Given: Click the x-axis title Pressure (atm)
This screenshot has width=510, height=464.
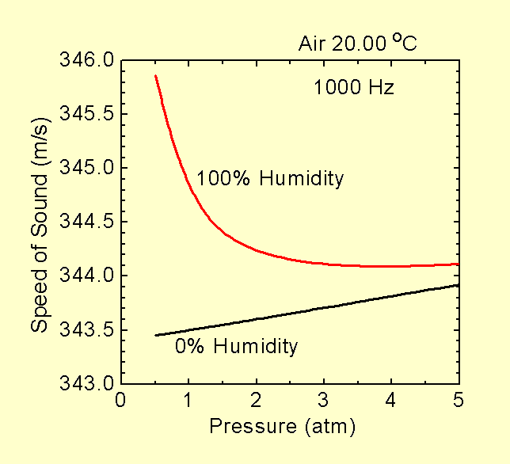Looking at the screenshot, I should [x=283, y=428].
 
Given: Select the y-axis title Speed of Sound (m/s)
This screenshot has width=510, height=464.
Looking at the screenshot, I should [x=37, y=222].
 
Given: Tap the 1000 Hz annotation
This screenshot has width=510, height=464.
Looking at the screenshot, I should [x=354, y=87].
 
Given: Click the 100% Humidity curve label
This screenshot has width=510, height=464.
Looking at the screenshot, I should [x=270, y=179].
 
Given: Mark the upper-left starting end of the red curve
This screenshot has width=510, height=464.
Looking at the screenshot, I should [x=155, y=76].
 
